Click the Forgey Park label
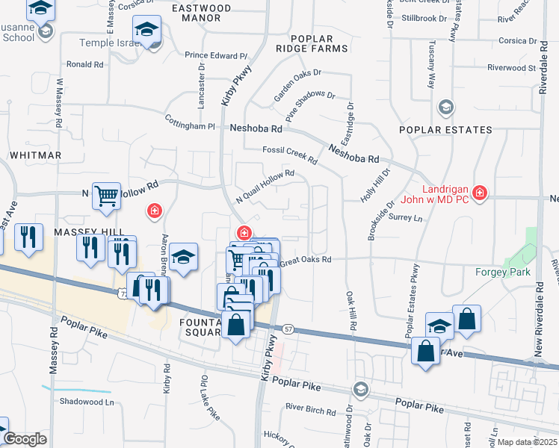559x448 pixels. pos(503,272)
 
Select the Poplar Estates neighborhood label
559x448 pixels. pos(445,130)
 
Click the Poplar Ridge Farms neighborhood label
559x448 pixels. pos(319,43)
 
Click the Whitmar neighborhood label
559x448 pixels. pos(35,155)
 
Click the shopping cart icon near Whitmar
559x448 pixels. pos(107,196)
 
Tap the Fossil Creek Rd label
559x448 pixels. pos(290,155)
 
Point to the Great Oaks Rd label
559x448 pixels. pos(306,260)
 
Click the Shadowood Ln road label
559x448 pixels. pos(91,401)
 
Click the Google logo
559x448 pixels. pos(25,439)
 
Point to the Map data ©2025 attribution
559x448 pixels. pos(526,442)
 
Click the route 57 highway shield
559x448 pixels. pos(288,329)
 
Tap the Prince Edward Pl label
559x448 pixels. pos(216,56)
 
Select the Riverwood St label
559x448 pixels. pos(512,68)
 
